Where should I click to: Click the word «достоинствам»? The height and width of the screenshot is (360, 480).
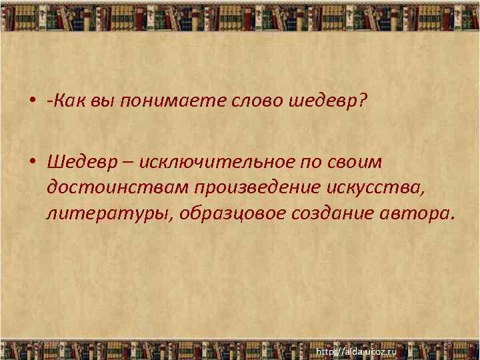(117, 189)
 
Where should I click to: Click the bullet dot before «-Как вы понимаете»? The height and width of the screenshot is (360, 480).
(32, 101)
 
